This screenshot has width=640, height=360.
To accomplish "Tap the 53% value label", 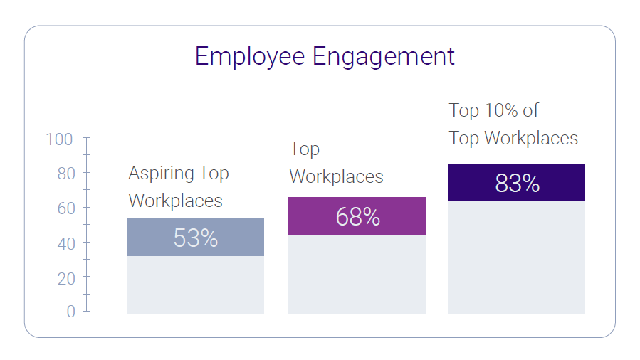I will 196,238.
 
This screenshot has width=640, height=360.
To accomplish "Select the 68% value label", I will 357,216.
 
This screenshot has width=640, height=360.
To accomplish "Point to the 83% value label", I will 517,184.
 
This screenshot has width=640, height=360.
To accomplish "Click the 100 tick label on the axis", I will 60,139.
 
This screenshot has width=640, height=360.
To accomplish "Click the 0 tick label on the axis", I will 70,312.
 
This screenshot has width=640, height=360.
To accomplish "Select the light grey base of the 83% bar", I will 516,258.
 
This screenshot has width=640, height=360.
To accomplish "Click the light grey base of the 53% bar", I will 196,285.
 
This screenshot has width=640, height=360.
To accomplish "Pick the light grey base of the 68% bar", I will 357,274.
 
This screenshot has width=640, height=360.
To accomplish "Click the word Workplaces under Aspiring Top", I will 175,201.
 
